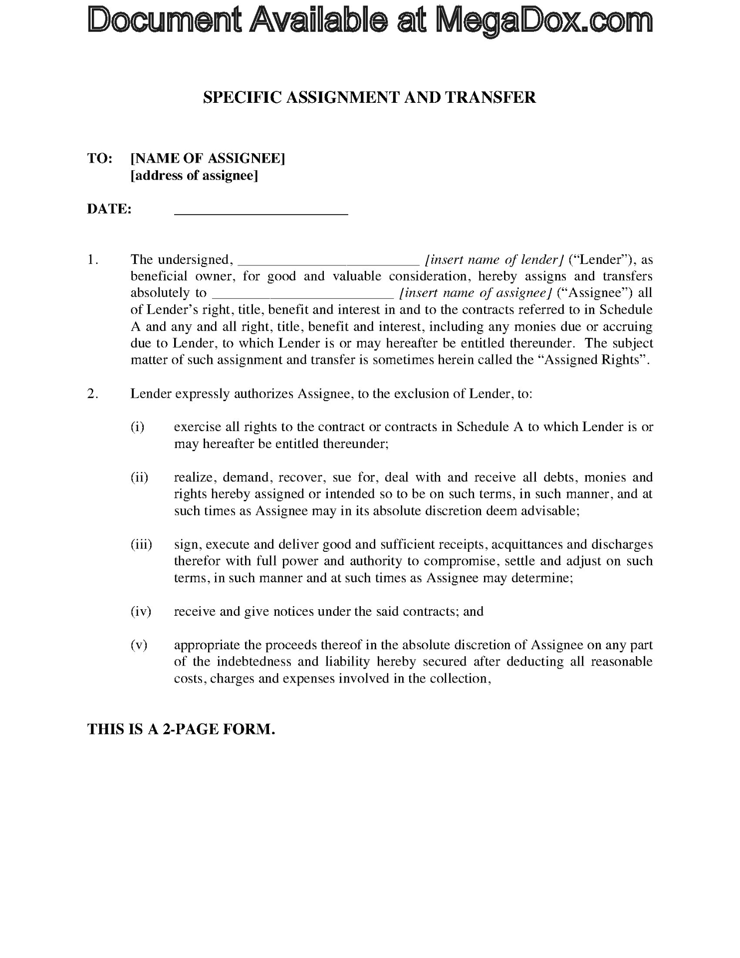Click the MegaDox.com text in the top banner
tap(544, 21)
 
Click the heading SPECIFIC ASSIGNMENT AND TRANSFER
tap(369, 97)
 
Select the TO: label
tap(100, 159)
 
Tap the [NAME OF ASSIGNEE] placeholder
tap(208, 159)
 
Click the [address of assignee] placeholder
tap(194, 176)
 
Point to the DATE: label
tap(109, 209)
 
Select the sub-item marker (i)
tap(138, 427)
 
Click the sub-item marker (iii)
tap(141, 544)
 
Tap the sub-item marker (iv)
tap(141, 611)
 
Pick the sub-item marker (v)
tap(139, 645)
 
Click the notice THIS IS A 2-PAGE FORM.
tap(181, 729)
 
